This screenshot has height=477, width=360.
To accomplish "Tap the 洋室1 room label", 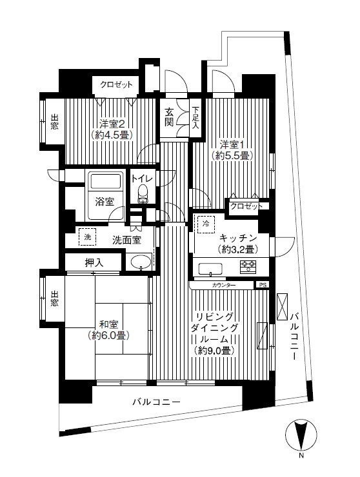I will (232, 145).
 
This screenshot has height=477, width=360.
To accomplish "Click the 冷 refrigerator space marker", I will (206, 223).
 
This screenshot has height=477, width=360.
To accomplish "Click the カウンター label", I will (223, 285).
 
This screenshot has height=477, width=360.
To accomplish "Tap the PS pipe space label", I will (262, 285).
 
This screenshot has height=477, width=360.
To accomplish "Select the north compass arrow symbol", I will (300, 435).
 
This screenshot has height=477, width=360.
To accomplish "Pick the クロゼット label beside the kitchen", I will (246, 206).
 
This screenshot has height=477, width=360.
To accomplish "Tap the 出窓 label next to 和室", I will (54, 298).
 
